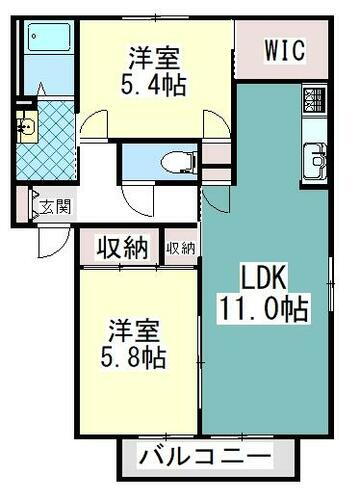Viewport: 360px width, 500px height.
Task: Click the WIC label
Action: (285, 48)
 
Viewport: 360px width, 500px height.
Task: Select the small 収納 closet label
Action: (181, 247)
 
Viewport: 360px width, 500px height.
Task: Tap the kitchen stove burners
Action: (315, 99)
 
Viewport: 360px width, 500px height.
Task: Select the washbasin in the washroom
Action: (26, 129)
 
